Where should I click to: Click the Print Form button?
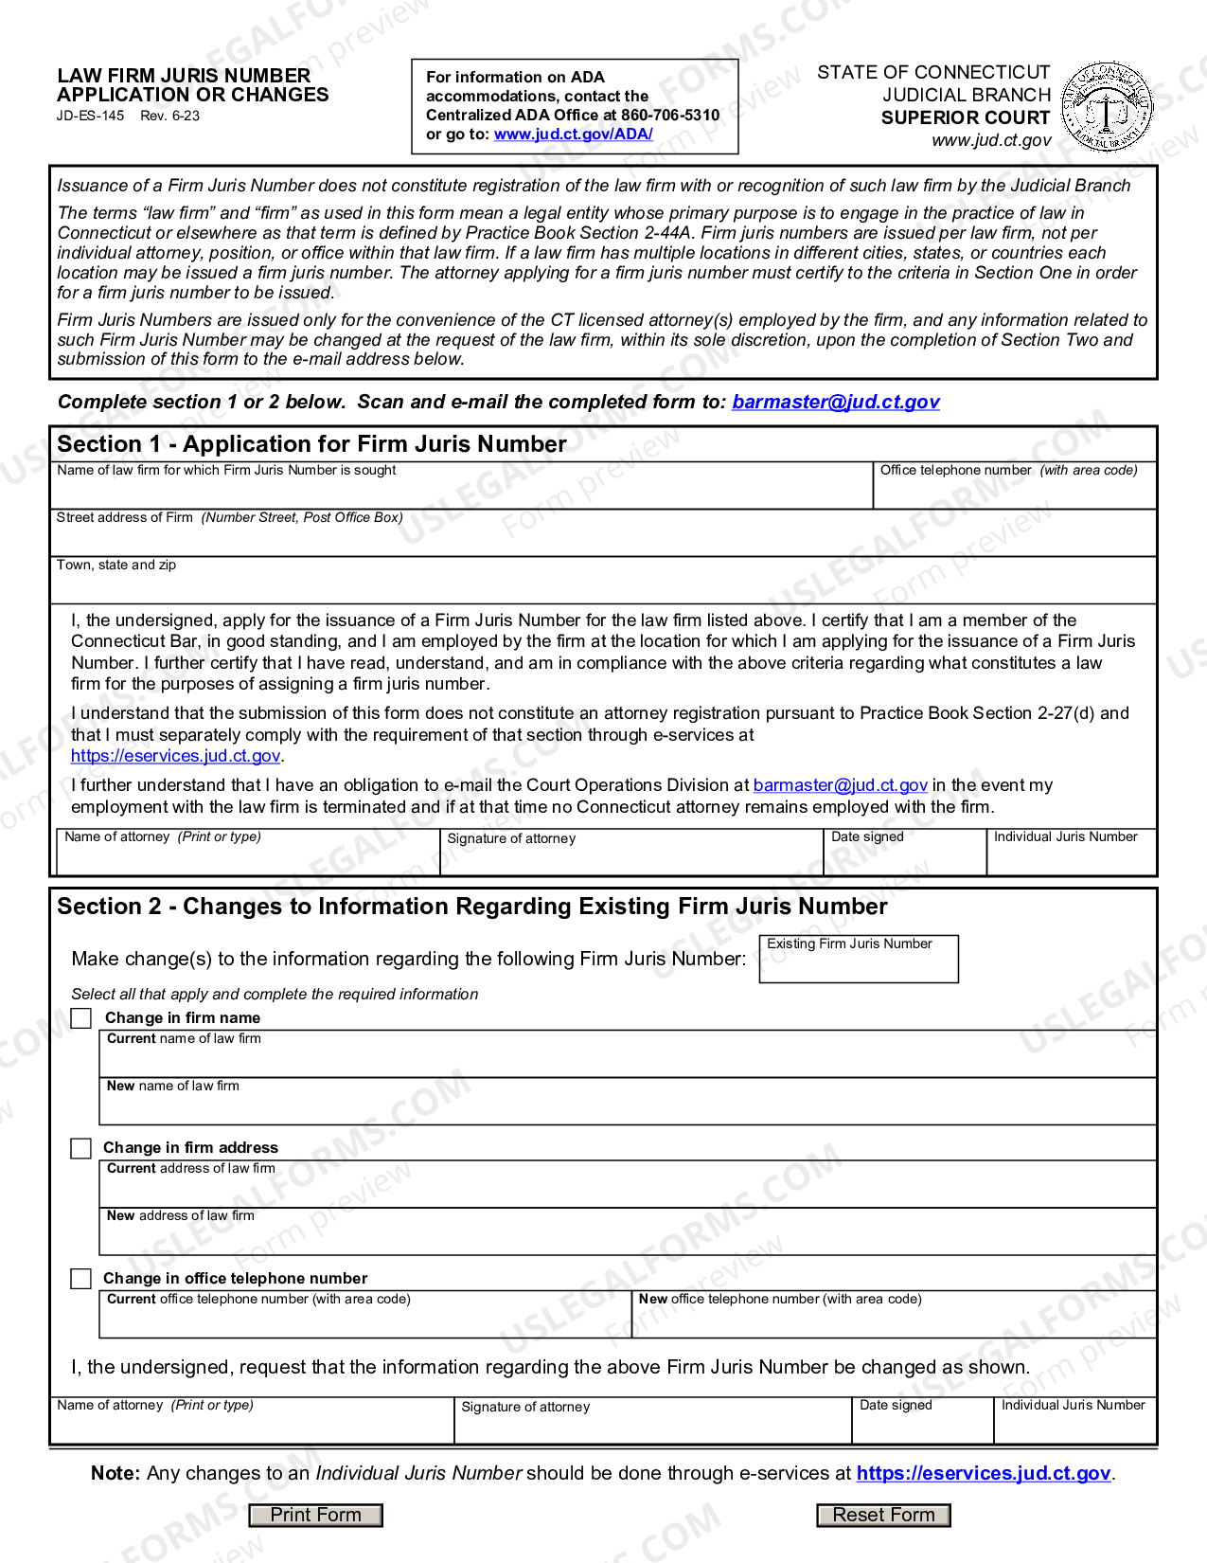click(x=315, y=1515)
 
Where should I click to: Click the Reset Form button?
click(x=883, y=1515)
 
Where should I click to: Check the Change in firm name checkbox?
click(x=82, y=1018)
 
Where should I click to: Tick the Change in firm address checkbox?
click(x=81, y=1148)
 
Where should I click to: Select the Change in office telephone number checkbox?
click(x=81, y=1279)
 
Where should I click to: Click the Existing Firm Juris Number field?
click(x=858, y=964)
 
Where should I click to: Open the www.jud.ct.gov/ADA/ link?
click(x=573, y=135)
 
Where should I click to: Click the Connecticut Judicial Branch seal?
click(x=1107, y=107)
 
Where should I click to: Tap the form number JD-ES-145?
click(x=90, y=117)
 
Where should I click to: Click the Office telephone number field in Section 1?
click(x=1013, y=492)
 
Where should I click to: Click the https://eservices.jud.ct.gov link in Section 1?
click(x=176, y=756)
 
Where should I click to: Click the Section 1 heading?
click(x=311, y=444)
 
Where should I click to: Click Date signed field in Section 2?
click(x=922, y=1427)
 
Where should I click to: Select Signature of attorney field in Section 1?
click(x=630, y=858)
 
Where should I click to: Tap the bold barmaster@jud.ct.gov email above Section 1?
click(x=835, y=402)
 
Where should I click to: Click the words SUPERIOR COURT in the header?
click(x=965, y=118)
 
